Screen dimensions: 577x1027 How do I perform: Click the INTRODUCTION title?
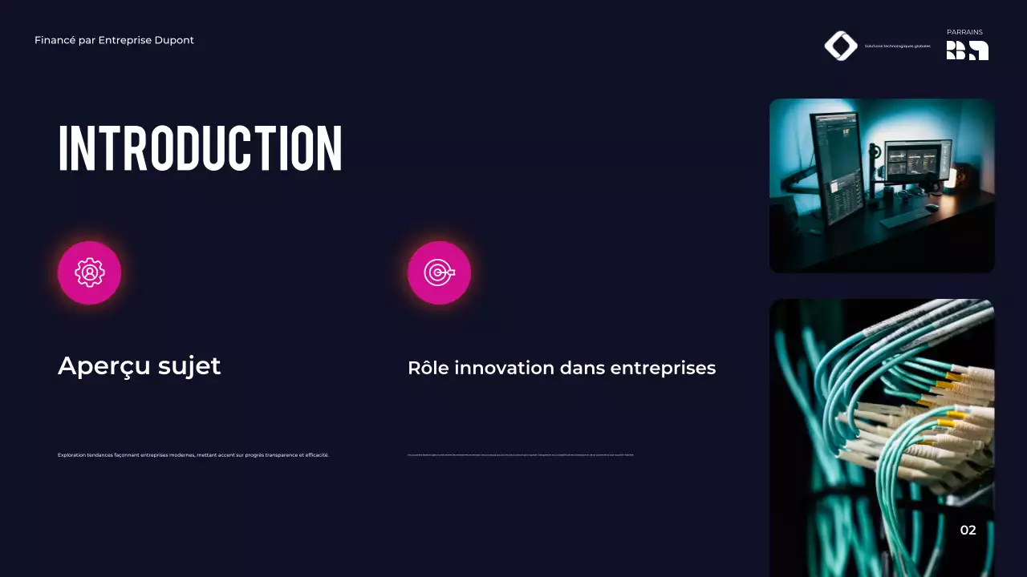(x=201, y=148)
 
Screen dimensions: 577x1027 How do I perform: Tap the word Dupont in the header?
(x=176, y=40)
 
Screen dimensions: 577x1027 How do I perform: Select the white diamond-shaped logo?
(x=841, y=46)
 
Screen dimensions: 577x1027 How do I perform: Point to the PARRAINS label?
(x=964, y=32)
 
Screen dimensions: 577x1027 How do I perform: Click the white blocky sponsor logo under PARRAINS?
(x=967, y=50)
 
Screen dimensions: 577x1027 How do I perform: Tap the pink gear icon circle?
(x=89, y=272)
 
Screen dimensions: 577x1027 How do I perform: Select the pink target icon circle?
(x=439, y=272)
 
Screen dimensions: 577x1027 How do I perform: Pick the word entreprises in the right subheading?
(x=663, y=368)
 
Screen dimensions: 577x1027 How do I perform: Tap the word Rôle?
(x=428, y=368)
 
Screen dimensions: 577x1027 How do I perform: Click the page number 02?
(x=968, y=530)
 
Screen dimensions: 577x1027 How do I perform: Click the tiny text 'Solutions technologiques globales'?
(x=898, y=46)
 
